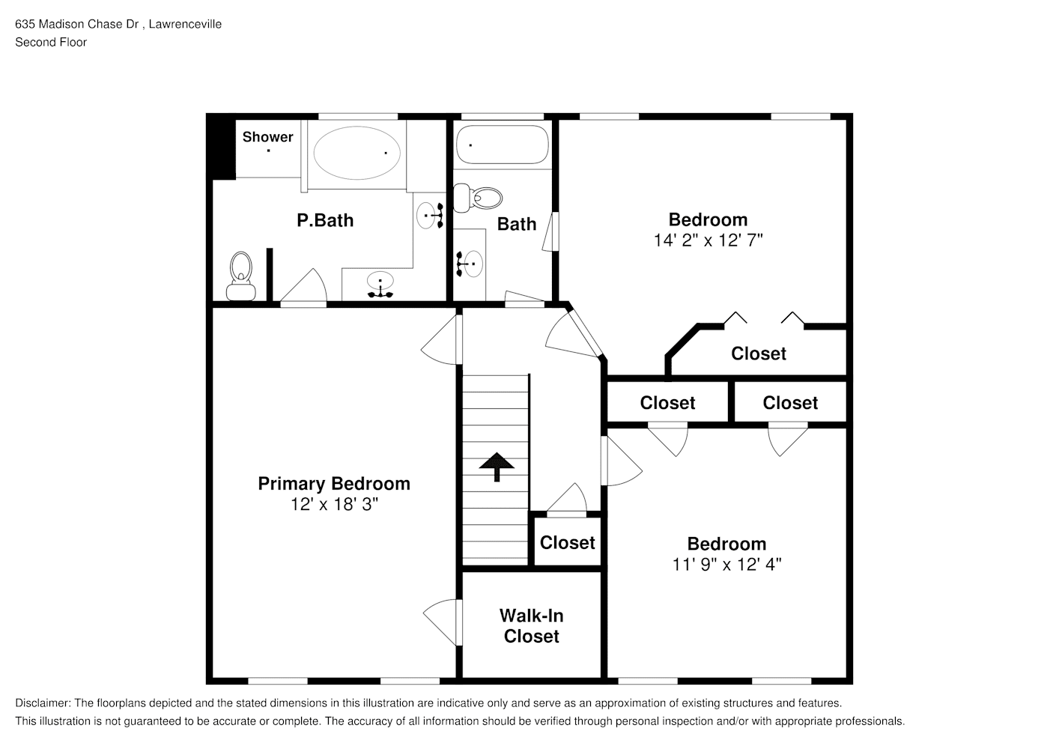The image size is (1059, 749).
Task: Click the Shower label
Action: click(267, 137)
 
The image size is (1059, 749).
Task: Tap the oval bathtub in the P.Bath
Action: click(357, 153)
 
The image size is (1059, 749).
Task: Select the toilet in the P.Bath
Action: click(241, 276)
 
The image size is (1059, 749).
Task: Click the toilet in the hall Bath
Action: click(478, 198)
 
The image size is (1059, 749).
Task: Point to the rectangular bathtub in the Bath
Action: click(503, 145)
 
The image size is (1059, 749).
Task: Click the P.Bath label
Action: click(325, 220)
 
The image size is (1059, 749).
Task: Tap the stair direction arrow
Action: click(497, 467)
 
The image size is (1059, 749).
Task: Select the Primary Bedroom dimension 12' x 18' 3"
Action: click(334, 505)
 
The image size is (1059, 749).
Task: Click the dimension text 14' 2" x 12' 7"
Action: click(708, 240)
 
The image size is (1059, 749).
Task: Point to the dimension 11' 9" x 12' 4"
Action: click(726, 565)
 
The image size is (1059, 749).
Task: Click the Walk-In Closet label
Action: click(532, 626)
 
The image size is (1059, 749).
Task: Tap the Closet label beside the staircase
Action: click(568, 543)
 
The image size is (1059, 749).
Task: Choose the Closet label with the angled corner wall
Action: click(759, 354)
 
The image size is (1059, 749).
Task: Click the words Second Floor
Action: click(51, 42)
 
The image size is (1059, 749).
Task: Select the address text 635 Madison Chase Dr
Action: click(76, 24)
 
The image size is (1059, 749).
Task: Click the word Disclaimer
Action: click(43, 703)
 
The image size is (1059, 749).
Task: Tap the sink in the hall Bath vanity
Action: click(473, 264)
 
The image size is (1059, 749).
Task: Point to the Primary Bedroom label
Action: click(334, 484)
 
